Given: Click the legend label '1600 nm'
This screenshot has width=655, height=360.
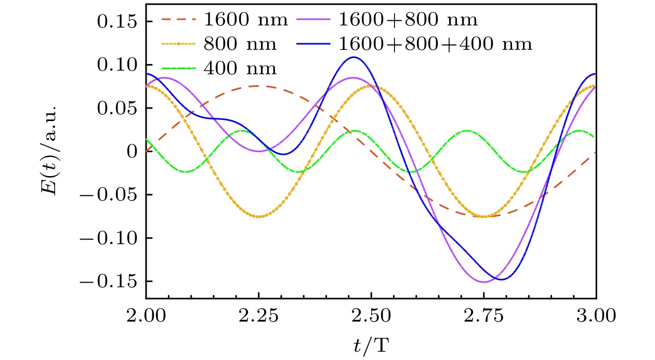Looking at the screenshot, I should [x=246, y=21].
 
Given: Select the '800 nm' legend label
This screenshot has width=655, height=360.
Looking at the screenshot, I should [x=240, y=44].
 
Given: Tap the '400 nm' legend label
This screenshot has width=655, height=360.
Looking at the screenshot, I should [x=240, y=68].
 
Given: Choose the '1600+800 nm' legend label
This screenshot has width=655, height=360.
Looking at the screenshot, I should [x=408, y=21].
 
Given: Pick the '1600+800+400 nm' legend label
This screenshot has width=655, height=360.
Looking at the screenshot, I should [x=435, y=44].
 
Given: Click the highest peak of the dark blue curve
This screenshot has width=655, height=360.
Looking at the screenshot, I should [x=354, y=57].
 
